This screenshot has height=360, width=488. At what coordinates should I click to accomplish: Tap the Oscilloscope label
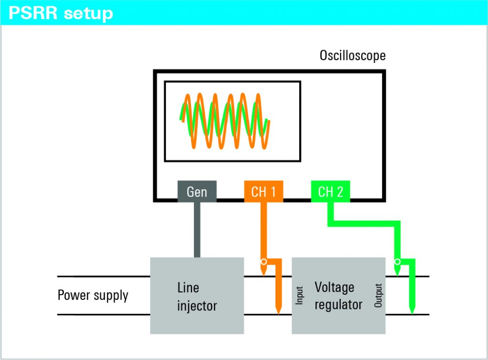352,56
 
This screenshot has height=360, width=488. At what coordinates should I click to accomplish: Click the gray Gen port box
197,192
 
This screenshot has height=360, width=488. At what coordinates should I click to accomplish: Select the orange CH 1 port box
264,192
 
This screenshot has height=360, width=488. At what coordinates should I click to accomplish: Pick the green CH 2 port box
331,192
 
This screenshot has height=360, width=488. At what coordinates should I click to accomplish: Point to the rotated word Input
300,296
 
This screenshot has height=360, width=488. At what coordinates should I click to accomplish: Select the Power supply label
93,295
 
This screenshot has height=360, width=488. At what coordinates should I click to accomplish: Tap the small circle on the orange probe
263,262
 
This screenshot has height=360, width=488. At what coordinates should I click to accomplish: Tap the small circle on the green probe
397,262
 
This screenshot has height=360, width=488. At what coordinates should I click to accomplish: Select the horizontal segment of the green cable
365,223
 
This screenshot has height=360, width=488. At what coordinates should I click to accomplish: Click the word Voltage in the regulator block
334,288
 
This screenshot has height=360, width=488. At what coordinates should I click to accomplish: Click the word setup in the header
89,12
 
